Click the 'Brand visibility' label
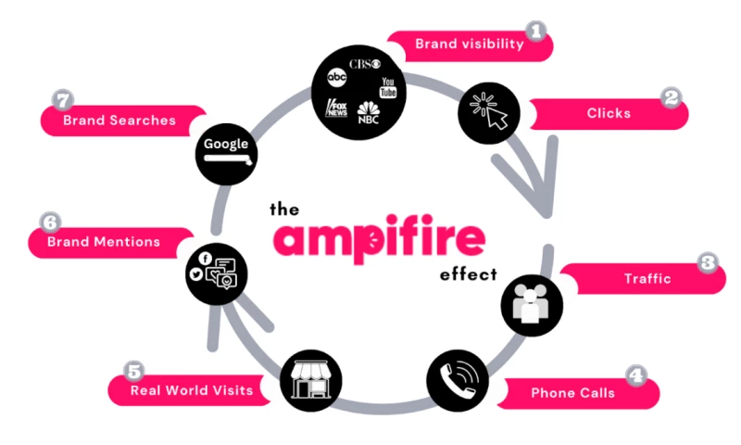click(470, 44)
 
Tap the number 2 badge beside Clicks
click(671, 97)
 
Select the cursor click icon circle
click(487, 113)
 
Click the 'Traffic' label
click(647, 278)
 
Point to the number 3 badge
click(709, 262)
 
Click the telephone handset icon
click(458, 380)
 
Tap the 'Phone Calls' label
click(572, 393)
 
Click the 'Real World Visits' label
click(192, 390)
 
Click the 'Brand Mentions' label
click(105, 243)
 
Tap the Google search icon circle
click(227, 152)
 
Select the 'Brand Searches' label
click(119, 121)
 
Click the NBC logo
click(369, 116)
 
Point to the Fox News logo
click(335, 108)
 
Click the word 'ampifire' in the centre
click(379, 240)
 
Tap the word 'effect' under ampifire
click(469, 274)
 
